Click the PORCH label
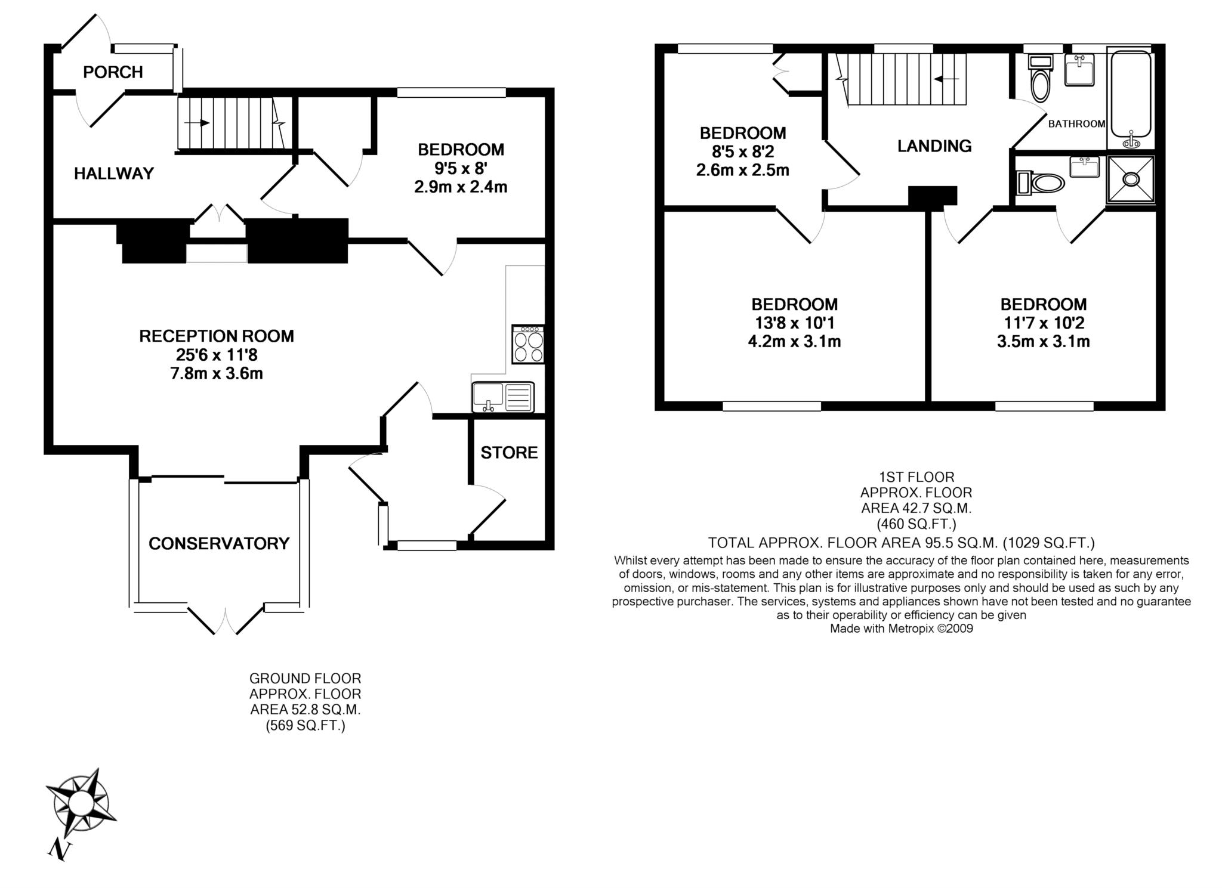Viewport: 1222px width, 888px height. coord(113,72)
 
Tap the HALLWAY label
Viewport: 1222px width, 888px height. coord(114,174)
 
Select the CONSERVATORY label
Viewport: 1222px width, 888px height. coord(219,543)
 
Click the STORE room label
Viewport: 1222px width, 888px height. coord(509,453)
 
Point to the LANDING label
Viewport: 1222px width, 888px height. coord(934,146)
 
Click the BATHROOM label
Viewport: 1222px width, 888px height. coord(1077,124)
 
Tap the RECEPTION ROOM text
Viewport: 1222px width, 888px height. coord(217,336)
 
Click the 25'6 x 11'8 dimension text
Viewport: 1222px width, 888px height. coord(217,355)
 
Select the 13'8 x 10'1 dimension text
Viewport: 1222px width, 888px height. coord(794,323)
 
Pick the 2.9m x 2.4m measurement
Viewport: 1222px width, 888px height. coord(461,187)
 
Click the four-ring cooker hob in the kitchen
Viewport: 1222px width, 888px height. coord(528,344)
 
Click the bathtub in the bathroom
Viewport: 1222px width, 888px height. coord(1130,98)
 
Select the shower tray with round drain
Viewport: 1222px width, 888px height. coord(1130,178)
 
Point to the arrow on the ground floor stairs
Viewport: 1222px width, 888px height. coord(197,123)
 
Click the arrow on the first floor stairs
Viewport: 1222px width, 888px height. coord(947,79)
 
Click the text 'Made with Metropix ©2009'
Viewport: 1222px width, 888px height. coord(902,629)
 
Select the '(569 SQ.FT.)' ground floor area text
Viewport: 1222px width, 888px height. coord(305,726)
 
